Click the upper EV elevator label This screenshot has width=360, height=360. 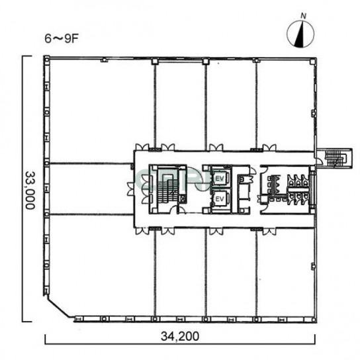point(220,179)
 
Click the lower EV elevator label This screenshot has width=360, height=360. point(220,199)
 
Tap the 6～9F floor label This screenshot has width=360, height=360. point(62,39)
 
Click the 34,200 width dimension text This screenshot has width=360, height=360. point(180,337)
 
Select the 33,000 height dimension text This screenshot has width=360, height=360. point(30,190)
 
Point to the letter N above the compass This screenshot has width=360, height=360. point(304,16)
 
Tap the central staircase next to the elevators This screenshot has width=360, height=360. point(168,189)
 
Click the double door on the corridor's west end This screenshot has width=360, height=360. point(130,189)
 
